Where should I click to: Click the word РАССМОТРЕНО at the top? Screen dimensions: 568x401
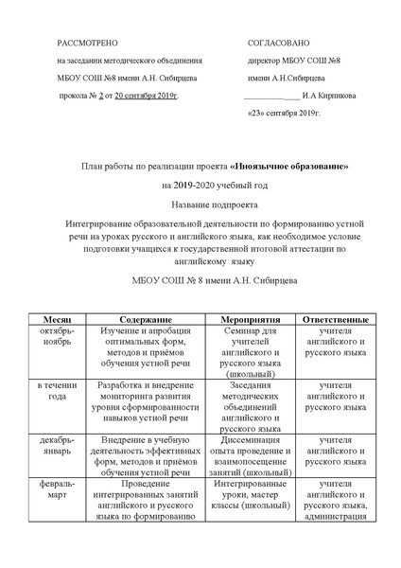[87, 44]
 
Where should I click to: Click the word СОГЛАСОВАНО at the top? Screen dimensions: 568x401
[278, 44]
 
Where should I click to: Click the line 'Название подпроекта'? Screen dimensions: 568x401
[200, 204]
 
